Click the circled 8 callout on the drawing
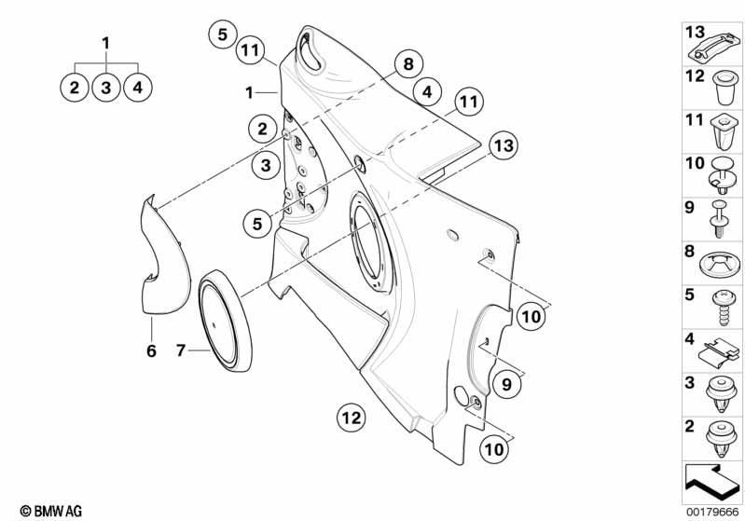click(x=408, y=63)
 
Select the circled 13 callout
click(x=504, y=145)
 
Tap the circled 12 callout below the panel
click(x=352, y=418)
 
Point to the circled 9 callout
click(x=506, y=383)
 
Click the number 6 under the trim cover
click(x=151, y=351)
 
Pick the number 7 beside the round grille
click(x=181, y=350)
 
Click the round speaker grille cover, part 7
click(x=225, y=321)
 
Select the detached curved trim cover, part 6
click(x=164, y=255)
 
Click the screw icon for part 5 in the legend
click(x=724, y=308)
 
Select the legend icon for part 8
click(x=721, y=265)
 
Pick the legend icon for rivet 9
click(x=721, y=219)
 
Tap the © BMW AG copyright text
click(x=51, y=511)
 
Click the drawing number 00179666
click(x=712, y=512)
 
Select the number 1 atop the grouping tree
click(x=105, y=43)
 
